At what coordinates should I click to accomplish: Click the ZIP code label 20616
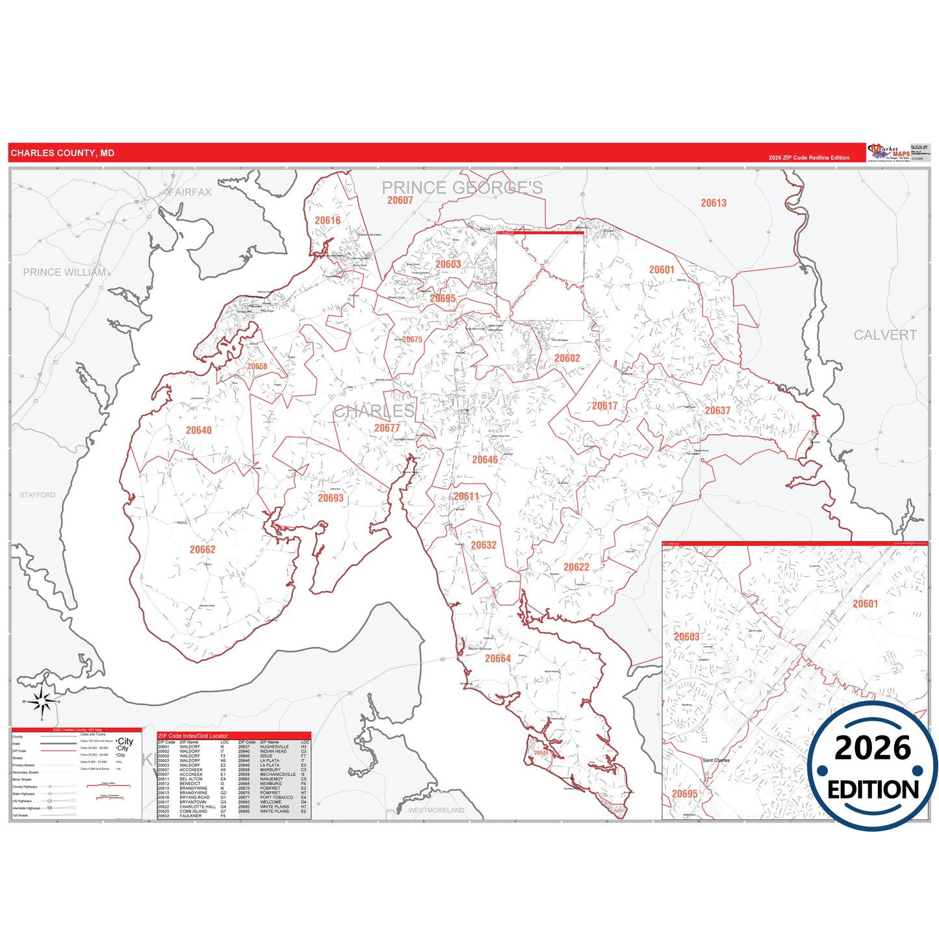328,221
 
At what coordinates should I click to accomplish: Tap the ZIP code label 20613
714,203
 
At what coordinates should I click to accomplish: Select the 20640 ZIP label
199,430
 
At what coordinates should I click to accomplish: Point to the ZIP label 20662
203,550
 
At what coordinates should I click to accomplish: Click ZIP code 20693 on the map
331,498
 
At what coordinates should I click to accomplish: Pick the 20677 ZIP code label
387,428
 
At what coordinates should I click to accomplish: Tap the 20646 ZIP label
485,460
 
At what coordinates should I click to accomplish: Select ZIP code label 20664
498,659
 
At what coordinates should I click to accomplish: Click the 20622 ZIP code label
576,567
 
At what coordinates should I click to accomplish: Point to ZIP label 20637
717,411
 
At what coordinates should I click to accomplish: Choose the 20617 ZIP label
604,406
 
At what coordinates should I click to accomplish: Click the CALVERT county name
885,335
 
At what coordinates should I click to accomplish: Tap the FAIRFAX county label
190,192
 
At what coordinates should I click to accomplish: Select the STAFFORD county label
38,495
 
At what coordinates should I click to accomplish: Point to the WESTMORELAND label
437,810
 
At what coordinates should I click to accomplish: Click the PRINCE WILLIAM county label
64,272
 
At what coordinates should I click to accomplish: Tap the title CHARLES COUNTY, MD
62,153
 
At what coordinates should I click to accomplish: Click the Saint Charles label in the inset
716,760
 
